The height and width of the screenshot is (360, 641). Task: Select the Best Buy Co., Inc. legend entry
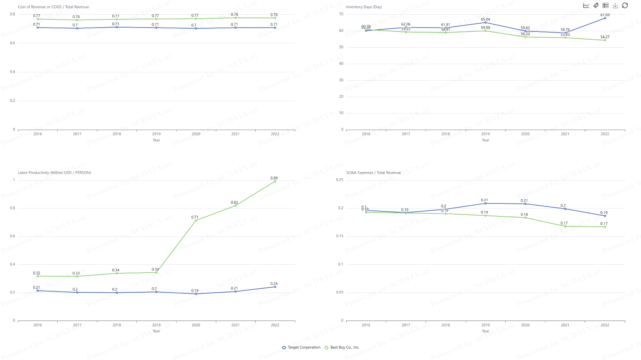pyautogui.click(x=342, y=347)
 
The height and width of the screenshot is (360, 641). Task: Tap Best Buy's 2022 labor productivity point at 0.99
pyautogui.click(x=275, y=181)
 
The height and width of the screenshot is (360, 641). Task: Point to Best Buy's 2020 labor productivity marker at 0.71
pyautogui.click(x=196, y=220)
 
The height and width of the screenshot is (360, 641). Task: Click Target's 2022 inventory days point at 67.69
pyautogui.click(x=605, y=18)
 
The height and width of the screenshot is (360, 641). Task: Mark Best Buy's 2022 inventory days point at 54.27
pyautogui.click(x=605, y=40)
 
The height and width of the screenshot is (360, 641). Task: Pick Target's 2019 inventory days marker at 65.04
pyautogui.click(x=486, y=23)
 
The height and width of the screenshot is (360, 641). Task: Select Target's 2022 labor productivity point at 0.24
pyautogui.click(x=275, y=287)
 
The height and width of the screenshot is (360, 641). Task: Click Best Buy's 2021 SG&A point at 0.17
pyautogui.click(x=565, y=226)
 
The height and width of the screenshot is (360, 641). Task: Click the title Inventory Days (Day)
pyautogui.click(x=364, y=7)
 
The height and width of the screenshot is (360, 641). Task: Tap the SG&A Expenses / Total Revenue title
pyautogui.click(x=373, y=173)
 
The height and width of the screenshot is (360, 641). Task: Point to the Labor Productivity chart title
pyautogui.click(x=54, y=173)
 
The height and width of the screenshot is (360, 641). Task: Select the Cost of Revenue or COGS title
pyautogui.click(x=53, y=7)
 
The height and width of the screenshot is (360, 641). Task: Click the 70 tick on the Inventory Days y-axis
pyautogui.click(x=341, y=14)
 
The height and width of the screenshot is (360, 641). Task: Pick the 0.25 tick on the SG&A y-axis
pyautogui.click(x=339, y=180)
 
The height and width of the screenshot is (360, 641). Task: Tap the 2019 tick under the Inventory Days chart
pyautogui.click(x=486, y=134)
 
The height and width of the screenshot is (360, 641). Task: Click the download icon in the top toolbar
pyautogui.click(x=615, y=5)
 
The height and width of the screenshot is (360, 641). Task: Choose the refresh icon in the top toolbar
pyautogui.click(x=625, y=5)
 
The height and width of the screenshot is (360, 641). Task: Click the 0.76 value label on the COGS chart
pyautogui.click(x=76, y=17)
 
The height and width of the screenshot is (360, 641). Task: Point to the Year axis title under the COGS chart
pyautogui.click(x=156, y=140)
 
